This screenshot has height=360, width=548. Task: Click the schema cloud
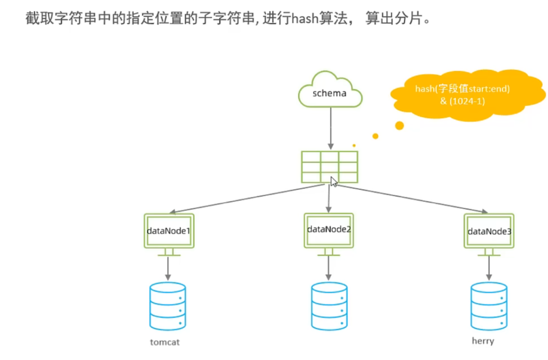330,92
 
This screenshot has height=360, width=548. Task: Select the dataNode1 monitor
169,231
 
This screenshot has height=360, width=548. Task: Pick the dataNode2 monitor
329,230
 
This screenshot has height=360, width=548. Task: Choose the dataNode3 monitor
489,231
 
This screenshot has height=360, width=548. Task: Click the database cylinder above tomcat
168,306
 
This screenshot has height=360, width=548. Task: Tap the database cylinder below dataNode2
329,306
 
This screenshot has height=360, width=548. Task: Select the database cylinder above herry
489,306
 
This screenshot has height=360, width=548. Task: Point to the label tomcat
164,342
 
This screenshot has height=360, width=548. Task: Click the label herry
483,341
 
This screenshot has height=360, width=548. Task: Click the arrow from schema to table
330,128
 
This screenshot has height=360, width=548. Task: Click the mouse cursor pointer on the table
333,181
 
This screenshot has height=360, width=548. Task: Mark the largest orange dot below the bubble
399,126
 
